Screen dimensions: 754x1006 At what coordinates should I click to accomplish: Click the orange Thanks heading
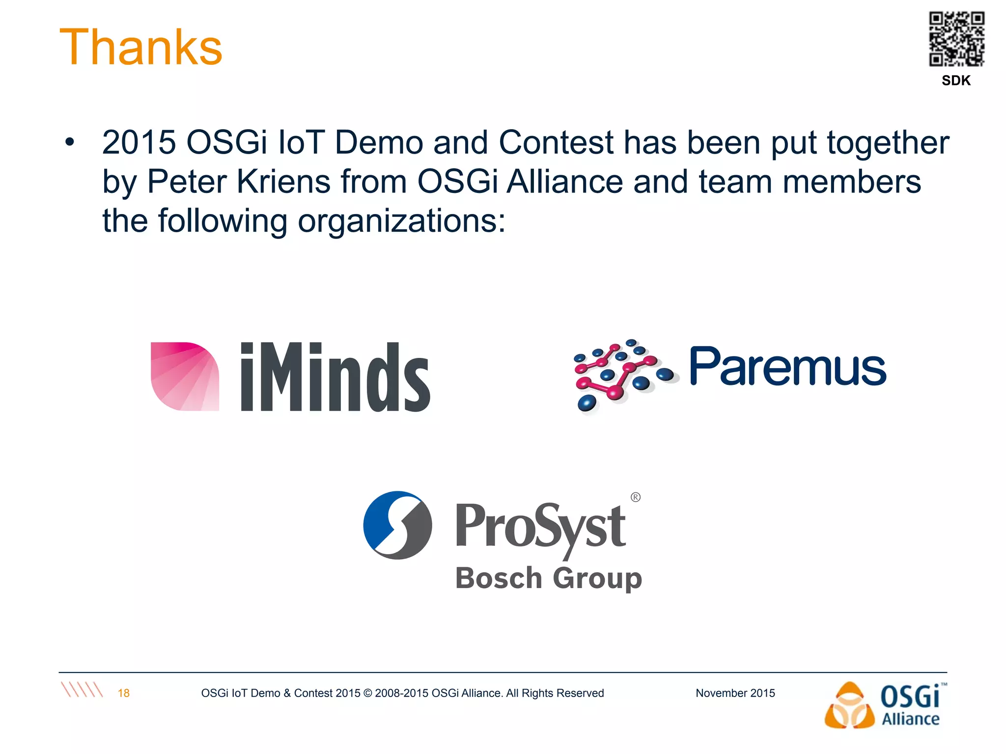(141, 47)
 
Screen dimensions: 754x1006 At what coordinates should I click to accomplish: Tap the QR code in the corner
(956, 39)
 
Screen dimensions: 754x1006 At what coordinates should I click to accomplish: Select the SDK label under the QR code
(956, 81)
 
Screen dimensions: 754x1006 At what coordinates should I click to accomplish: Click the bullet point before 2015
(70, 142)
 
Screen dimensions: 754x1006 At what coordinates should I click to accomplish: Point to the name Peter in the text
(187, 182)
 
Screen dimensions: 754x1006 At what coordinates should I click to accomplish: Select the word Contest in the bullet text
(556, 142)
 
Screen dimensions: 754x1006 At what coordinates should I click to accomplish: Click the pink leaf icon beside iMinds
(185, 376)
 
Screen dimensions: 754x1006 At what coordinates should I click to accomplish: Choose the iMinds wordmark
(335, 377)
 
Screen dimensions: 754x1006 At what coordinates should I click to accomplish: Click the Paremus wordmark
(788, 367)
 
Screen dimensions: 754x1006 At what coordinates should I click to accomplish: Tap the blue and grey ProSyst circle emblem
(397, 525)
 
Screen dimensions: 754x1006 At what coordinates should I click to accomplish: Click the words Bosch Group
(548, 578)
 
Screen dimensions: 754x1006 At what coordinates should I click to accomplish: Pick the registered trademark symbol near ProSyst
(635, 497)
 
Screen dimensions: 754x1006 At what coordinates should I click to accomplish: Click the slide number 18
(123, 693)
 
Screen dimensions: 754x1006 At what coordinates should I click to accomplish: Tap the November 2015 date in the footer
(735, 693)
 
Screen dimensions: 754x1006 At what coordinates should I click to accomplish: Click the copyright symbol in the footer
(368, 693)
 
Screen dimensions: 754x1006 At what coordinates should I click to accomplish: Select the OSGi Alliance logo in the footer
(885, 705)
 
